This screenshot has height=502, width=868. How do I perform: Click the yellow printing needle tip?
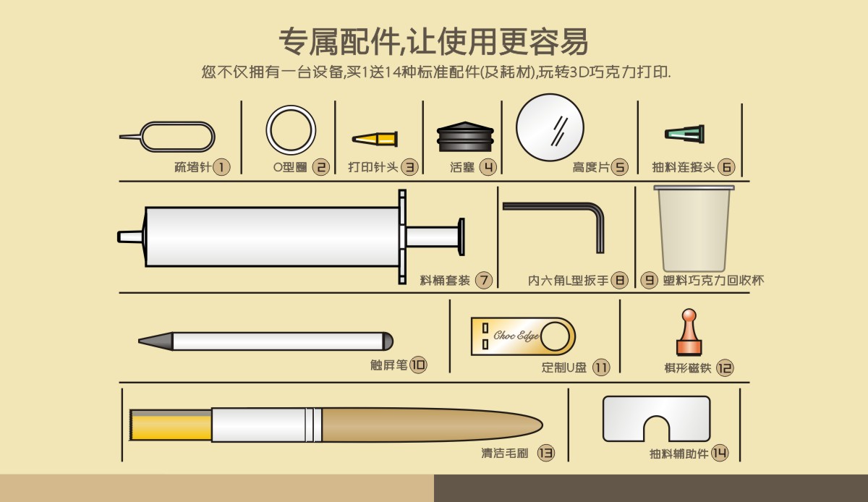(x=375, y=139)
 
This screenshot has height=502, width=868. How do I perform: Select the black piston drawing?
(x=465, y=137)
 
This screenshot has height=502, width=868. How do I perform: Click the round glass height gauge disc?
(x=550, y=127)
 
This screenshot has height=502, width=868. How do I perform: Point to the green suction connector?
(x=685, y=134)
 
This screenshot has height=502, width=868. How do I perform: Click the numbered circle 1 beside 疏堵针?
(x=221, y=167)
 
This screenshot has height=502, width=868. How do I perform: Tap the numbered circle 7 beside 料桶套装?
(x=484, y=280)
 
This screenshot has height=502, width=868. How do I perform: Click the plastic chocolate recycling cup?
(x=694, y=229)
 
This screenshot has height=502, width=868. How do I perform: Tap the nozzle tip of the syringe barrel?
(x=130, y=237)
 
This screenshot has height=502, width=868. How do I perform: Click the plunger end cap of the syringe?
(x=461, y=237)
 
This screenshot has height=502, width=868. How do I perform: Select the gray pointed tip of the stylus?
(x=156, y=341)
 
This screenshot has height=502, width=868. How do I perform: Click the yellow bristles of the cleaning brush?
(x=171, y=425)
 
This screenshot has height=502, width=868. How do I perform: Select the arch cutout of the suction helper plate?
(x=657, y=429)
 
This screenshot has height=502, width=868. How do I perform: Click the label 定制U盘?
(x=564, y=367)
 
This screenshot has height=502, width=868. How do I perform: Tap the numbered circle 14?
(x=720, y=453)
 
